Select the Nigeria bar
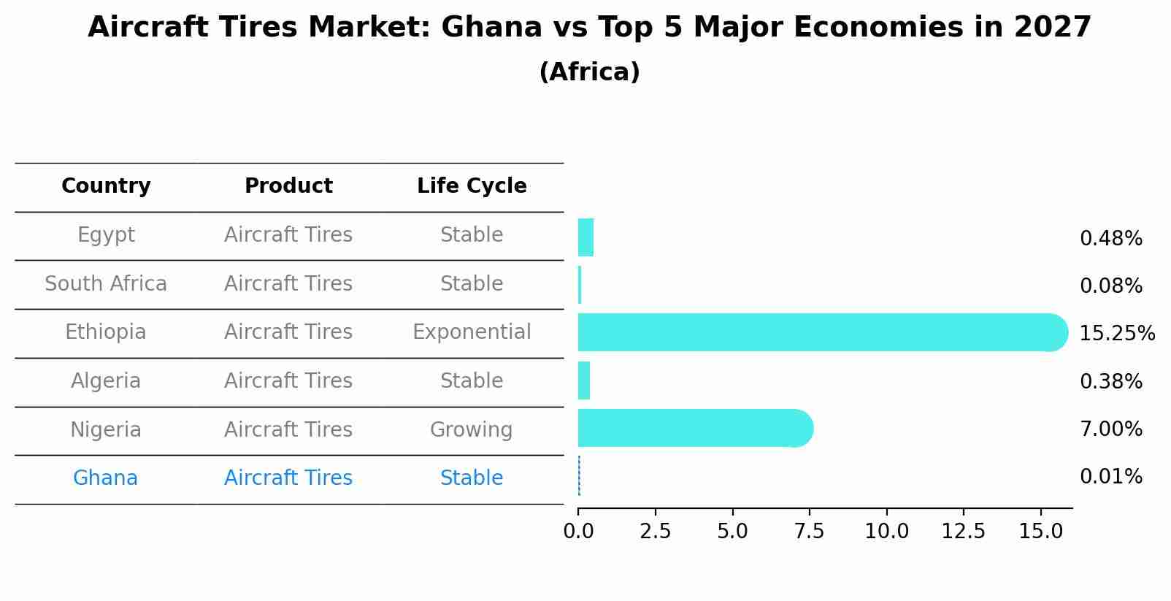[x=694, y=428]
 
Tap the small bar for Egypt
[x=585, y=237]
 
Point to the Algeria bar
[x=584, y=380]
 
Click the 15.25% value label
[x=1116, y=334]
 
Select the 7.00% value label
[x=1110, y=429]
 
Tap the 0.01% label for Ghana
[x=1110, y=477]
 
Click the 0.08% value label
[x=1110, y=286]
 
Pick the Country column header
[x=106, y=186]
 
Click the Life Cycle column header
[x=472, y=186]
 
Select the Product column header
[x=288, y=186]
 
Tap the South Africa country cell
[x=106, y=283]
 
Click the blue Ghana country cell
[x=105, y=478]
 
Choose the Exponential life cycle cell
[x=472, y=332]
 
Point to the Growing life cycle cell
[x=471, y=429]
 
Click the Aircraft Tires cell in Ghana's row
[x=288, y=478]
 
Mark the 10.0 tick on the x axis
[x=886, y=532]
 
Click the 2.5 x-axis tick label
[x=655, y=532]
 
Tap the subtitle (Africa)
[x=589, y=72]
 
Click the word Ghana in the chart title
[x=491, y=28]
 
